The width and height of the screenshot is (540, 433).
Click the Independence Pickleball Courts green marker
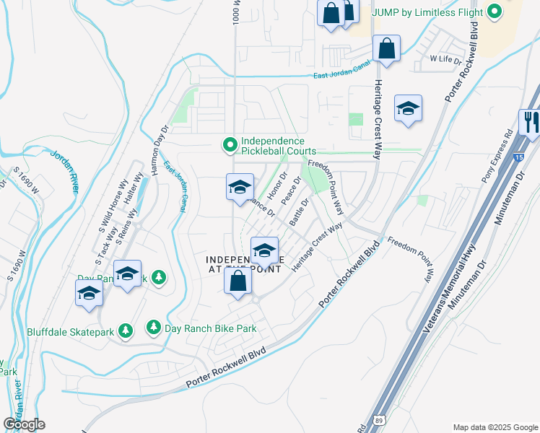coord(230,146)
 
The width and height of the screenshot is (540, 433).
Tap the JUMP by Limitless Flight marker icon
coord(495,12)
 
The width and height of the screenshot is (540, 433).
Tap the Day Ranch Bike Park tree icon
coord(154,328)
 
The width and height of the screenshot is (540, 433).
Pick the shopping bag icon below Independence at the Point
coord(238,281)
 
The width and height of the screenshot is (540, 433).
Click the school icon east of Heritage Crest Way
coord(408,109)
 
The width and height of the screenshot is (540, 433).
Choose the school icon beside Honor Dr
coord(240,188)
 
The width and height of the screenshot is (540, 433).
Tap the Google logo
coord(24,424)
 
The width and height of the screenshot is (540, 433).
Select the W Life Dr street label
coord(445,59)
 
